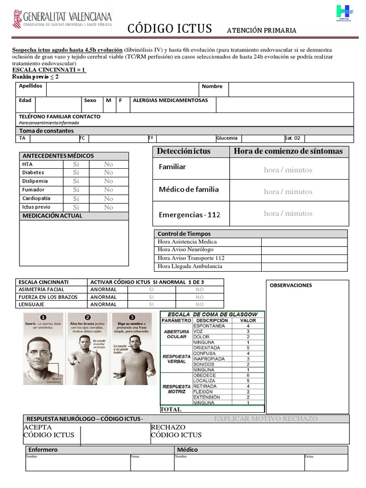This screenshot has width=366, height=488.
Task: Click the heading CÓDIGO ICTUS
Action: [169, 29]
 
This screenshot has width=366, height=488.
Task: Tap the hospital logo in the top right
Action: [345, 13]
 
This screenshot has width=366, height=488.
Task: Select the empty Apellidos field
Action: [122, 90]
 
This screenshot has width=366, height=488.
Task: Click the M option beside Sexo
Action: [109, 101]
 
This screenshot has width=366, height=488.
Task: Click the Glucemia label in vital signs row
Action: [227, 138]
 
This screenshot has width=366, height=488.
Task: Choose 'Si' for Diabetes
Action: [76, 173]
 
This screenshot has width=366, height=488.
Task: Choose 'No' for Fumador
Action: [109, 190]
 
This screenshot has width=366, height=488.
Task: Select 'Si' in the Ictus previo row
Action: [76, 207]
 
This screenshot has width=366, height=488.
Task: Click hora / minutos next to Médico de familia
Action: [288, 192]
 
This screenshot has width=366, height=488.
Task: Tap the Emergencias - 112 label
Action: [190, 215]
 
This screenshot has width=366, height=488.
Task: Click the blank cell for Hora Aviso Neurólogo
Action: [304, 250]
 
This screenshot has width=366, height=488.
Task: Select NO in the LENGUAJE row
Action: [199, 305]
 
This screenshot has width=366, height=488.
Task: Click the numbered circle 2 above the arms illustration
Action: [87, 317]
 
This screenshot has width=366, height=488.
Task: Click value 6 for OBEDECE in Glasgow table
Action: [248, 376]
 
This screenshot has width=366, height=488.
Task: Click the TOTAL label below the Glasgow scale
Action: [171, 409]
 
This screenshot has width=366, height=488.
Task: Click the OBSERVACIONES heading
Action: [291, 285]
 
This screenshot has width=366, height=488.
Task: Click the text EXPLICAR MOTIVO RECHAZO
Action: [265, 419]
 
